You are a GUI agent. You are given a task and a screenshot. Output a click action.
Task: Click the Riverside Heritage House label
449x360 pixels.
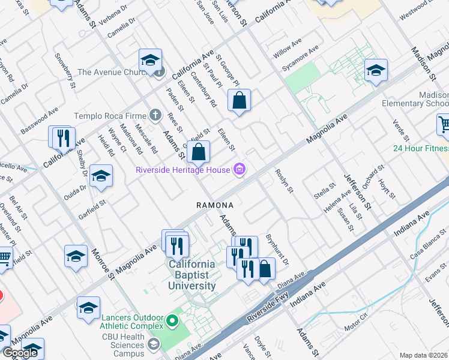183,170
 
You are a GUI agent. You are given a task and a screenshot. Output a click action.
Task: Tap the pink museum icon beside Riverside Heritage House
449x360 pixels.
240,170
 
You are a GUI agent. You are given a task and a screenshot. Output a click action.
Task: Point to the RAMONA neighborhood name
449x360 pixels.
214,205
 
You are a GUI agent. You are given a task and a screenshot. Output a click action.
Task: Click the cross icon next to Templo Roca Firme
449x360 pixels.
155,115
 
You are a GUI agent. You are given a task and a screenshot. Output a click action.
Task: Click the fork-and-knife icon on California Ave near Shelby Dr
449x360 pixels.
62,138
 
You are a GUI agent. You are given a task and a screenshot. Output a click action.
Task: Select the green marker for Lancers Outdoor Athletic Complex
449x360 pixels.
172,321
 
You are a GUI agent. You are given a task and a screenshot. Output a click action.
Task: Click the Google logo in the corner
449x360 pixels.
20,353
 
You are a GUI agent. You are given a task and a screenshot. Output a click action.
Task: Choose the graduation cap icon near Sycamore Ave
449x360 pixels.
376,70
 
